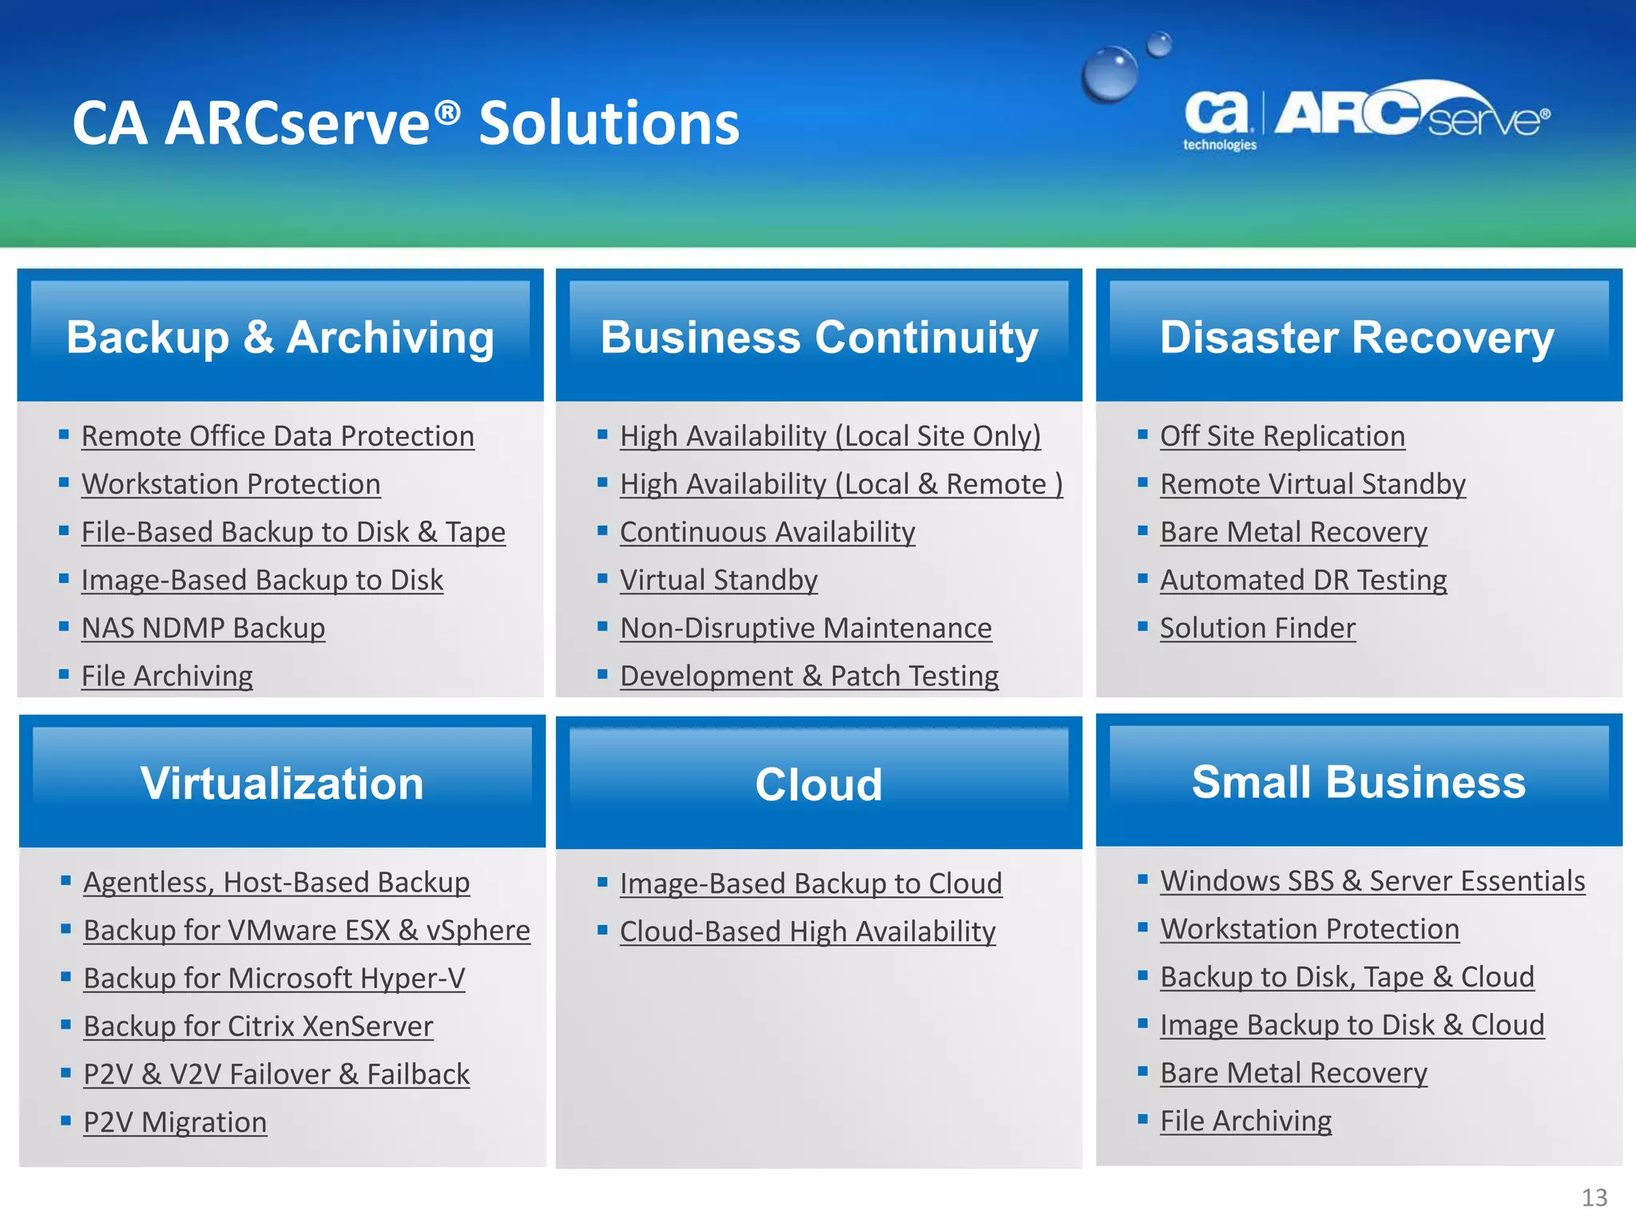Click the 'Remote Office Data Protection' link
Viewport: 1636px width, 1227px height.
tap(277, 436)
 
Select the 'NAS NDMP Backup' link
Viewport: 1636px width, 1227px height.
tap(203, 628)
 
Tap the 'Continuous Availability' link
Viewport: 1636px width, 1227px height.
tap(767, 532)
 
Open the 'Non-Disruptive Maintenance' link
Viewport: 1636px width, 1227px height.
tap(805, 628)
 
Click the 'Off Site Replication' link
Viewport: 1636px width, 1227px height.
tap(1282, 436)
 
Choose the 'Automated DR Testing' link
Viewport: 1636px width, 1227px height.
tap(1303, 580)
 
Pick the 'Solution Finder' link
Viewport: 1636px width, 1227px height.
tap(1257, 628)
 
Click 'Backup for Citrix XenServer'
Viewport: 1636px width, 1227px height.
tap(258, 1026)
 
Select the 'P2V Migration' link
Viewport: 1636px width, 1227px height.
tap(175, 1122)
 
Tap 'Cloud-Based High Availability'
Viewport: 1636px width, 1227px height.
tap(808, 931)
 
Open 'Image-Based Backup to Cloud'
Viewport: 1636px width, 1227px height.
tap(811, 884)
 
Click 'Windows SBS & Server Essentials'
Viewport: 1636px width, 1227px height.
tap(1372, 881)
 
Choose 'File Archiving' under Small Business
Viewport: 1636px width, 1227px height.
tap(1245, 1121)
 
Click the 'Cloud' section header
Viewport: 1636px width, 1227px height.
tap(819, 784)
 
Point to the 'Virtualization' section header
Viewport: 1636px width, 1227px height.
tap(282, 783)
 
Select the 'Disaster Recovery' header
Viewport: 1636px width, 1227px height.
tap(1357, 337)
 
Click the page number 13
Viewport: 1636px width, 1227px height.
tap(1594, 1197)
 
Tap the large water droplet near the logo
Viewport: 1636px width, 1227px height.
tap(1109, 74)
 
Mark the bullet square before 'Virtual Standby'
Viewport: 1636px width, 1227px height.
tap(603, 578)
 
